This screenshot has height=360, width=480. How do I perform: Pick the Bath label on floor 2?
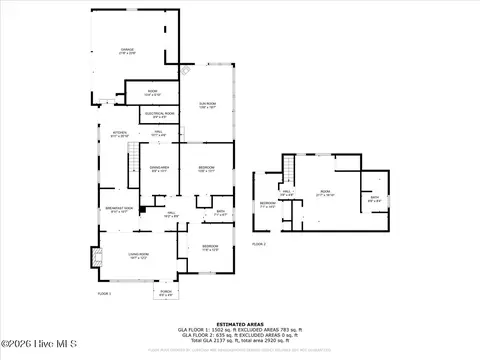[373, 197]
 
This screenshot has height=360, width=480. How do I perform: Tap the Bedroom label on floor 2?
[267, 204]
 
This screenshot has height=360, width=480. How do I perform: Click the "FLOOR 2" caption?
[260, 243]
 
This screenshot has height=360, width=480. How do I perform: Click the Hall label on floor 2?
[287, 193]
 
